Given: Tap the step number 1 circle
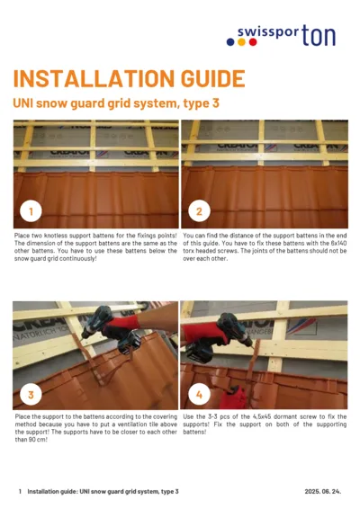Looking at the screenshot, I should pos(31,212).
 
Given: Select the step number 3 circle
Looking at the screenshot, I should pos(31,395).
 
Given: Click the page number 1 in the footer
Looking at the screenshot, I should pos(20,492).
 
